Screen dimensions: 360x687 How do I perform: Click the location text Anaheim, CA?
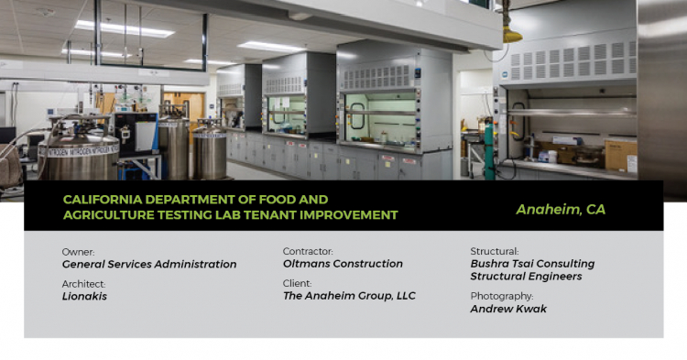(x=560, y=209)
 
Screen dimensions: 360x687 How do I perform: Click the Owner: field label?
(x=78, y=251)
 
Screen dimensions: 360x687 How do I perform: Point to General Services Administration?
(x=148, y=264)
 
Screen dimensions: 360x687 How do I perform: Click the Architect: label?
(x=84, y=284)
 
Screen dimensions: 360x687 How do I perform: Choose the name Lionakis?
(x=84, y=297)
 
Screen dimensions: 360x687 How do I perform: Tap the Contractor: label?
(x=308, y=251)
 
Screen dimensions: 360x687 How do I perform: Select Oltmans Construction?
(x=343, y=264)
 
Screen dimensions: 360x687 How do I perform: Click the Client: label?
(x=297, y=284)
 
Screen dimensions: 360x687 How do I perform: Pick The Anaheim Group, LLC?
(x=349, y=297)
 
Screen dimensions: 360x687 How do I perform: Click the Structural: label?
(x=495, y=251)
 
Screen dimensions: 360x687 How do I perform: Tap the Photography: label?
(x=501, y=297)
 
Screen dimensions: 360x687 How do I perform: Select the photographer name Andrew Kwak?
(x=508, y=310)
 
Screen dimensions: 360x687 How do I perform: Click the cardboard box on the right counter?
(x=621, y=156)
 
